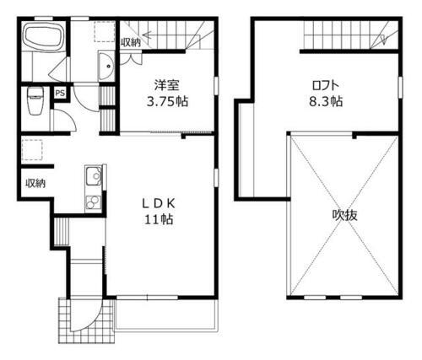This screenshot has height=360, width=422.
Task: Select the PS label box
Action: click(60, 93)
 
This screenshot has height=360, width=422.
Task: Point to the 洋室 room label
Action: click(166, 85)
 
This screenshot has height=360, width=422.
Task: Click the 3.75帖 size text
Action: click(166, 100)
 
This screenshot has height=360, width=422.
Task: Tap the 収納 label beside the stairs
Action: click(131, 41)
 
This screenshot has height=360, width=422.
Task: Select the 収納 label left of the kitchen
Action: click(35, 182)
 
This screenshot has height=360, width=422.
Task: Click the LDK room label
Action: click(157, 202)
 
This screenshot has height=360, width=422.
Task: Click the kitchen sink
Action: click(92, 177)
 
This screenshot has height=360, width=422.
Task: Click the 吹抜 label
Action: click(344, 215)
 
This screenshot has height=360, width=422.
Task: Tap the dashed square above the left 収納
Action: click(31, 150)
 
